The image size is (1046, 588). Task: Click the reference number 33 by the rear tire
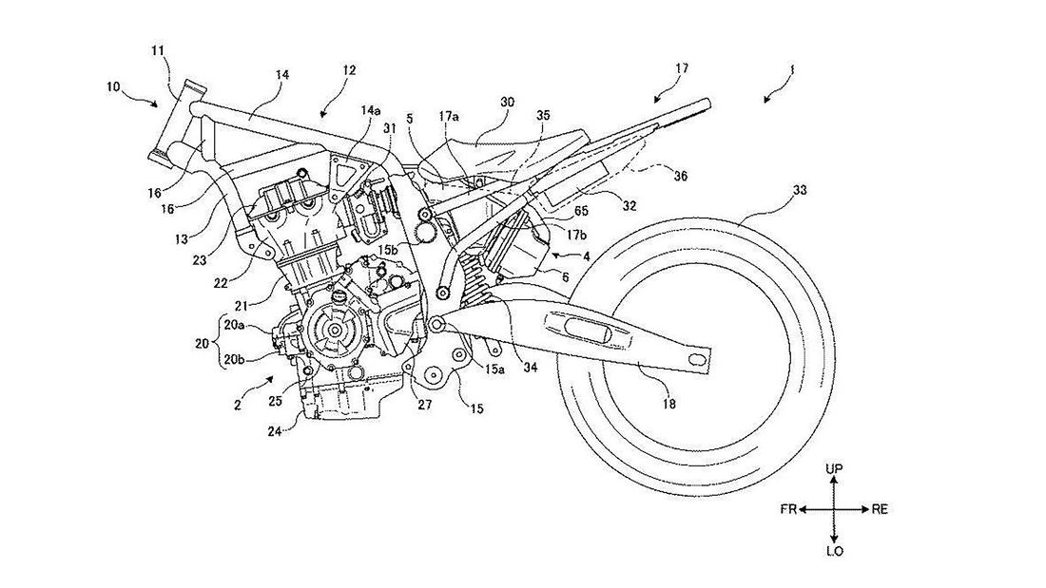click(x=799, y=191)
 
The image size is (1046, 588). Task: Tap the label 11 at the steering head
click(x=158, y=50)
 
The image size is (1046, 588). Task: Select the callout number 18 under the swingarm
click(x=669, y=404)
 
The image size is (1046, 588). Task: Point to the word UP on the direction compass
click(x=834, y=468)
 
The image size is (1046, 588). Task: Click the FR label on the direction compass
click(x=788, y=509)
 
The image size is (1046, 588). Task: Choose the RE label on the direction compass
click(x=880, y=509)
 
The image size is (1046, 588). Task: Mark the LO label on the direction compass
click(x=834, y=551)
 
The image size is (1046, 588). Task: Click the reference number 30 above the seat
click(x=508, y=102)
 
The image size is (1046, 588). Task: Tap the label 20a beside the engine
click(x=234, y=325)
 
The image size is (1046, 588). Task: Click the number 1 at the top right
click(x=792, y=68)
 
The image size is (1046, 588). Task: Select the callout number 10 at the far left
click(x=112, y=86)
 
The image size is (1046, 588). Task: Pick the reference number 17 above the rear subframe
click(x=681, y=68)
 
